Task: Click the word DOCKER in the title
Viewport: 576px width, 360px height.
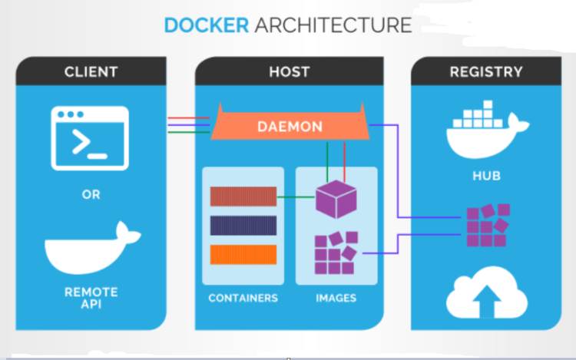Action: point(207,25)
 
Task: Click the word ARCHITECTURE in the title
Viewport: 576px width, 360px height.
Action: point(333,25)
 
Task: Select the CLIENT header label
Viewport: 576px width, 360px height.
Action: point(91,72)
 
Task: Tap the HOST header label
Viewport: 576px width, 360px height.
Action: point(290,72)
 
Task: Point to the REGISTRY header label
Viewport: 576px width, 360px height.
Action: point(486,72)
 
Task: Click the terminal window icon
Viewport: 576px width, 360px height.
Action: point(90,138)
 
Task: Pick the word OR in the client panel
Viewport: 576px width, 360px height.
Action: point(91,194)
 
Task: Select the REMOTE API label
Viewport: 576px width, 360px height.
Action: point(91,298)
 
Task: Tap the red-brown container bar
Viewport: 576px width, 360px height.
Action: point(243,197)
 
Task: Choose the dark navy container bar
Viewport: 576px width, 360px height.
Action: point(243,226)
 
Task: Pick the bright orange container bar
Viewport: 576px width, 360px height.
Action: point(243,254)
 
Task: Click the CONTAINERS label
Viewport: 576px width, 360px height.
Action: point(243,298)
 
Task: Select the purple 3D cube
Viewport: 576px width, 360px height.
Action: point(336,200)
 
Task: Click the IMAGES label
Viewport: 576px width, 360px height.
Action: point(336,298)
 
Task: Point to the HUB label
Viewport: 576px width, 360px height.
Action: point(486,176)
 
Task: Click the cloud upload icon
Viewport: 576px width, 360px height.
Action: point(487,293)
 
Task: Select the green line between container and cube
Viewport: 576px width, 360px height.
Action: point(296,197)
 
